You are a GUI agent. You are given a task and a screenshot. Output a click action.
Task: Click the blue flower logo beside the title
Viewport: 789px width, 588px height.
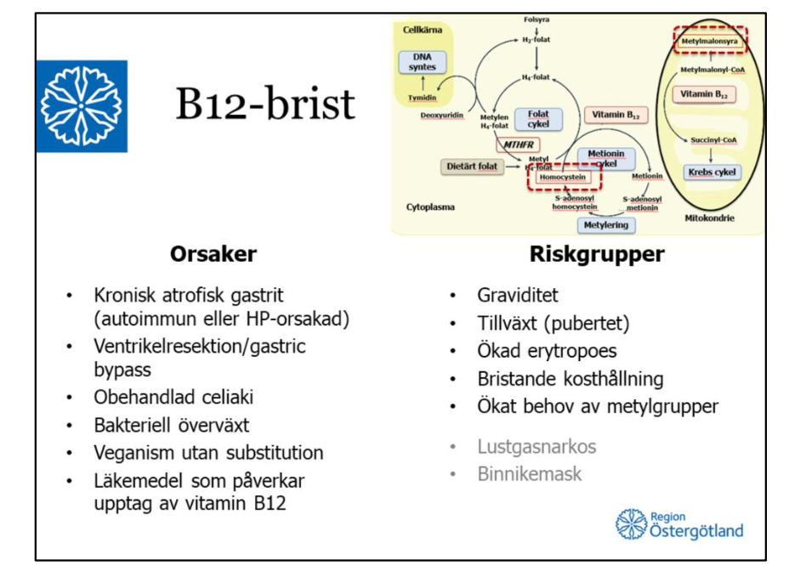click(82, 106)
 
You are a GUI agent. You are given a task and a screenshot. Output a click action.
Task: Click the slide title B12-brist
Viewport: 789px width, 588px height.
click(265, 105)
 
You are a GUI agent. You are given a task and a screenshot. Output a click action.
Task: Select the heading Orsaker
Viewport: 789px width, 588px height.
click(213, 254)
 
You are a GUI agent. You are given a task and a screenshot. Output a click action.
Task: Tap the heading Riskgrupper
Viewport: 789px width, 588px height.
click(597, 254)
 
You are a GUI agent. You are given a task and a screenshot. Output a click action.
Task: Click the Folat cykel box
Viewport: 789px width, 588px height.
click(538, 119)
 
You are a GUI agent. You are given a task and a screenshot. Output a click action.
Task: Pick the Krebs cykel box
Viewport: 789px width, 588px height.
click(712, 172)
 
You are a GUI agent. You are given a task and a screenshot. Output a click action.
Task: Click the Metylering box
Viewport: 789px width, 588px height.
click(607, 225)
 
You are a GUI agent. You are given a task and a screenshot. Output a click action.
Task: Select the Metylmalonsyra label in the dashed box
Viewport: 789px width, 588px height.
click(709, 40)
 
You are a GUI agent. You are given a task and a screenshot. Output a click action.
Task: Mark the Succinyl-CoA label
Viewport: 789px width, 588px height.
click(713, 139)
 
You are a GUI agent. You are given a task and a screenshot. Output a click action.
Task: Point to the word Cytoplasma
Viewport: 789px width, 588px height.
click(430, 206)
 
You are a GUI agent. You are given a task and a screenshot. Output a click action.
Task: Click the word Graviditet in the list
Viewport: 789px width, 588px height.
click(517, 296)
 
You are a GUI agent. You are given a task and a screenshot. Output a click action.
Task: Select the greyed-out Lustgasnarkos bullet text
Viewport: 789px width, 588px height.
click(536, 446)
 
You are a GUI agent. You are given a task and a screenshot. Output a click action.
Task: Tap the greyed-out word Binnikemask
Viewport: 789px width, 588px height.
click(529, 473)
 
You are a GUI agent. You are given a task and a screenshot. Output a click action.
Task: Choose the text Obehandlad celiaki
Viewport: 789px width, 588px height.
click(173, 397)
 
